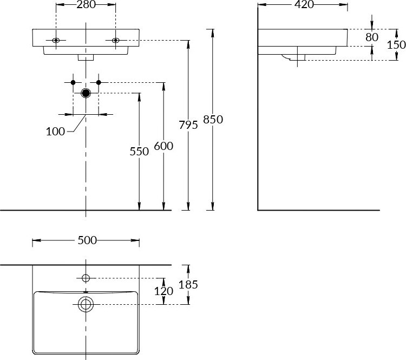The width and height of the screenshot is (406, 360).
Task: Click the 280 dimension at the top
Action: point(86,5)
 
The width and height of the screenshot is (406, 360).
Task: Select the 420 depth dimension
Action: point(304,5)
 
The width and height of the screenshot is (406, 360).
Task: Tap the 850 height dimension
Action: point(213,120)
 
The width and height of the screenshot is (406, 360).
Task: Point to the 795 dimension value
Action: point(188,125)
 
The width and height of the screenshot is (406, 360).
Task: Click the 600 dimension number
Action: point(163,146)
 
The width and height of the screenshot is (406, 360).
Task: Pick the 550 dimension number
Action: point(139,152)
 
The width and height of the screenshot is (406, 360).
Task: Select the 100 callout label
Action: point(56,131)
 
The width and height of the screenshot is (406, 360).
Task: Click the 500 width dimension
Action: point(87,240)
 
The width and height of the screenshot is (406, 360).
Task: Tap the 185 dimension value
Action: point(188,284)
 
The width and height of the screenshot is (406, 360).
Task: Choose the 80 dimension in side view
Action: point(372,37)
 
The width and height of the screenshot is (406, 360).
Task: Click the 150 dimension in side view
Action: point(396,44)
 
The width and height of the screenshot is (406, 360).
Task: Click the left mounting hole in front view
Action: point(56,41)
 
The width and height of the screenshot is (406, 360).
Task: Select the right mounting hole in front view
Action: point(115,41)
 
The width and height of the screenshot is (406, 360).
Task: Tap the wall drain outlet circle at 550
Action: point(86,93)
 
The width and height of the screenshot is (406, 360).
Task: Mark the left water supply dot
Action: point(73,82)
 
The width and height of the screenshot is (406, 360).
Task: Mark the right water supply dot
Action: point(99,82)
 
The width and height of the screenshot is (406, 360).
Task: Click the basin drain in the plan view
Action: point(86,304)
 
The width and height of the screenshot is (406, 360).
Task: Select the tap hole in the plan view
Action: point(86,278)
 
